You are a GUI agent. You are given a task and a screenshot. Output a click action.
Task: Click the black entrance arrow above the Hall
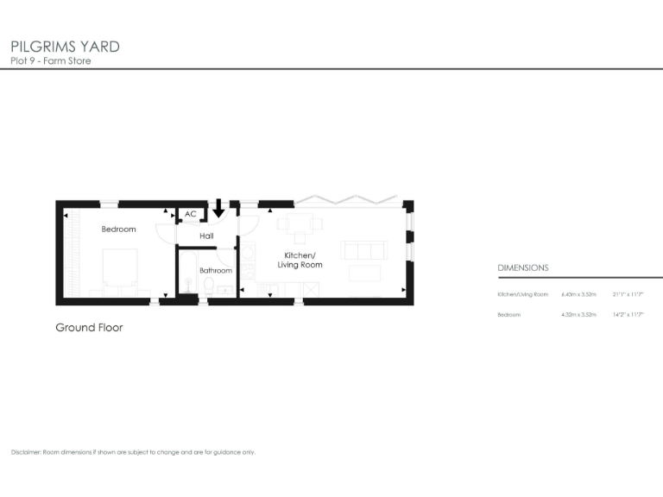pos(219,208)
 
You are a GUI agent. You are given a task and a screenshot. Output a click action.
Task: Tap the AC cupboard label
pos(190,214)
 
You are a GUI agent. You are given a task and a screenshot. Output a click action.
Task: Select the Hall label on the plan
pos(206,236)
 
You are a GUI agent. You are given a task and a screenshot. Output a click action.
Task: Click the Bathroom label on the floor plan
pos(216,270)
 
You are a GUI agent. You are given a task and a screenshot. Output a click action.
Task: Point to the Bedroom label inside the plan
pos(118,229)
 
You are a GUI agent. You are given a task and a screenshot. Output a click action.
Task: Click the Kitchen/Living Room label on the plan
pos(300,260)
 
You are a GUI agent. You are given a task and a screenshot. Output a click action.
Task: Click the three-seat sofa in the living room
pos(364,250)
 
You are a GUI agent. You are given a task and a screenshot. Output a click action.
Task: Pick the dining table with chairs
pos(300,226)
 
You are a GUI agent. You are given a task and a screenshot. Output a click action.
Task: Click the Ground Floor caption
pos(89,328)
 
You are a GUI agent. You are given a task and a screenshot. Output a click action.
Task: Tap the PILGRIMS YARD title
pos(65,46)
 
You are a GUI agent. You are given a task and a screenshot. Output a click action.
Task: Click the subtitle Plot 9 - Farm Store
pos(50,61)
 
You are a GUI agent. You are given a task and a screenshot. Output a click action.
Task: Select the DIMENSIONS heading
pos(523,268)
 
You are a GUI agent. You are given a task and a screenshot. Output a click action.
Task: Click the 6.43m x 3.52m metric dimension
pos(578,295)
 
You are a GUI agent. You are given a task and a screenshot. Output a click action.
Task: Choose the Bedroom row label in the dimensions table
pos(509,315)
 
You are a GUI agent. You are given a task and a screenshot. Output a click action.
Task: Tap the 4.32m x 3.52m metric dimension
pos(578,315)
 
